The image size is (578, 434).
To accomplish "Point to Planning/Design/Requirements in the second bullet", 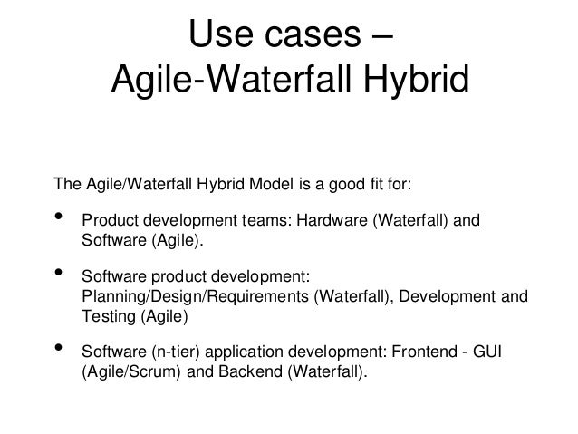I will click(x=195, y=295).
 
